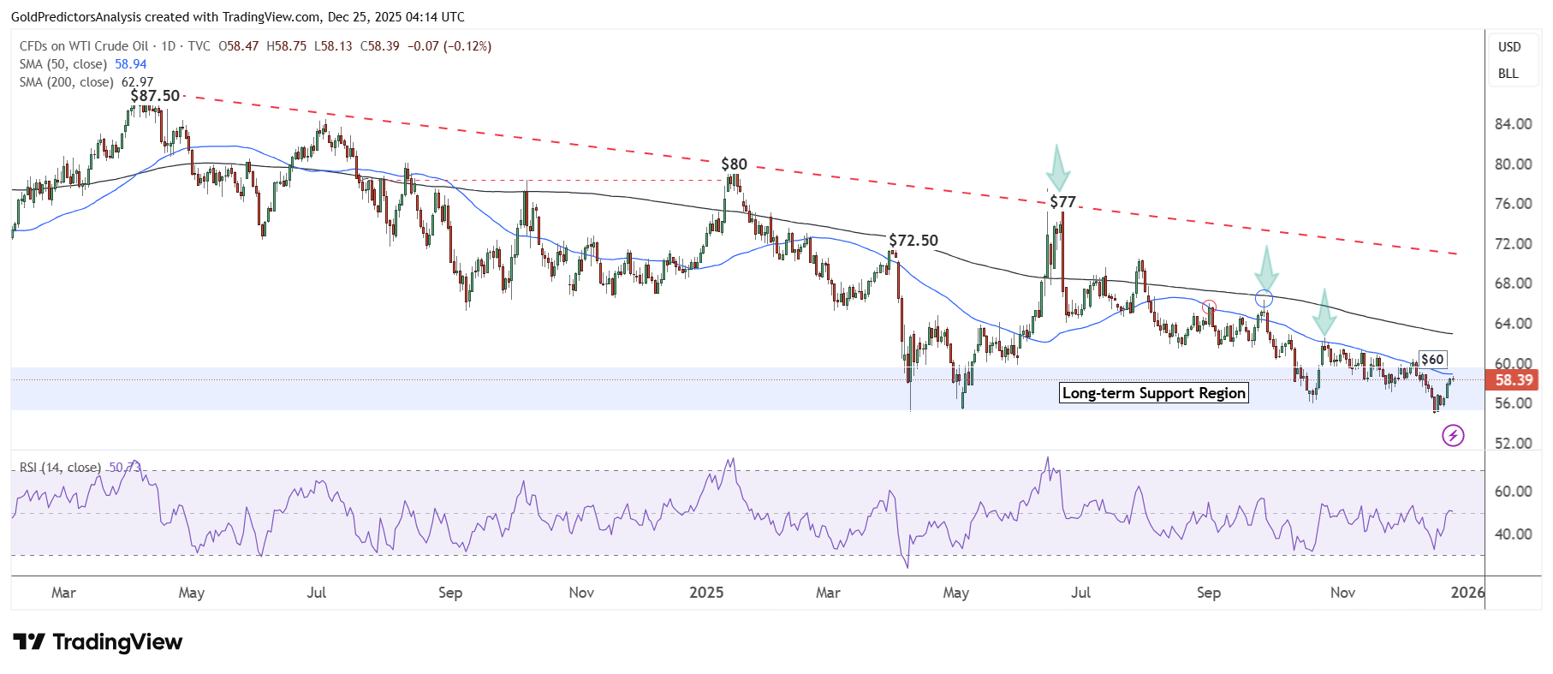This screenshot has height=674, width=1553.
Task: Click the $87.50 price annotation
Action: coord(155,96)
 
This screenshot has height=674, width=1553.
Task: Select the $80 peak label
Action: coord(734,164)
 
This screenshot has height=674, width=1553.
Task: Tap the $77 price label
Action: coord(1062,202)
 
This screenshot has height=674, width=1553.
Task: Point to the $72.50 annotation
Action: coord(913,241)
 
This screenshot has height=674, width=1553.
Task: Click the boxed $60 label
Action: coord(1432,360)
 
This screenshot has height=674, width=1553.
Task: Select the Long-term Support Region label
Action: coord(1153,393)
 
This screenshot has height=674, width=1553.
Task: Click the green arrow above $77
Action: coord(1058,168)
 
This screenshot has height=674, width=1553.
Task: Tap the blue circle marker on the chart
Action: coord(1264,299)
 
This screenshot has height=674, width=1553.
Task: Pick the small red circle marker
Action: coord(1209,307)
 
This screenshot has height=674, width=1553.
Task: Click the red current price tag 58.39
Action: coord(1513,380)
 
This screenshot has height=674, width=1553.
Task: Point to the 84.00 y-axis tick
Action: coord(1513,124)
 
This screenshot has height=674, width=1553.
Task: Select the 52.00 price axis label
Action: coord(1513,444)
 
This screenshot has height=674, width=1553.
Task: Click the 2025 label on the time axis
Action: coord(706,593)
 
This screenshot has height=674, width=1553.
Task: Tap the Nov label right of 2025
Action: coord(1342,593)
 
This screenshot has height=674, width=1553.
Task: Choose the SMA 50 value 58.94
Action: coord(131,64)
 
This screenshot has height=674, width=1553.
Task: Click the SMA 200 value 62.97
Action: coord(138,82)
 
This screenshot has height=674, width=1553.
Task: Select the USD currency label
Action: coord(1509,47)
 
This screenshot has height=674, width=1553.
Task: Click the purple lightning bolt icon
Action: coord(1453,436)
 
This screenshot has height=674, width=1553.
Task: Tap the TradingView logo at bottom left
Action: coord(98,642)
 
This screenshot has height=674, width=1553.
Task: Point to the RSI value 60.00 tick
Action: coord(1513,492)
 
